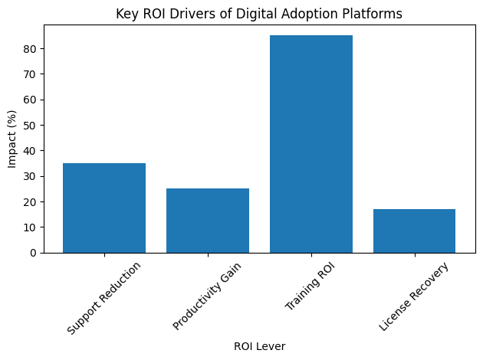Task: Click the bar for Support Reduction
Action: tap(104, 208)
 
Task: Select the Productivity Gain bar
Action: tap(208, 221)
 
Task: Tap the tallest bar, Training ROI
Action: tap(311, 144)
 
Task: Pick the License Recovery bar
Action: tap(415, 231)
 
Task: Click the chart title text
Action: tap(258, 13)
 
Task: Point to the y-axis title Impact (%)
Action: tap(11, 139)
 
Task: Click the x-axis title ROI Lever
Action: tap(259, 347)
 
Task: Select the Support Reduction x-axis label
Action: tap(104, 298)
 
